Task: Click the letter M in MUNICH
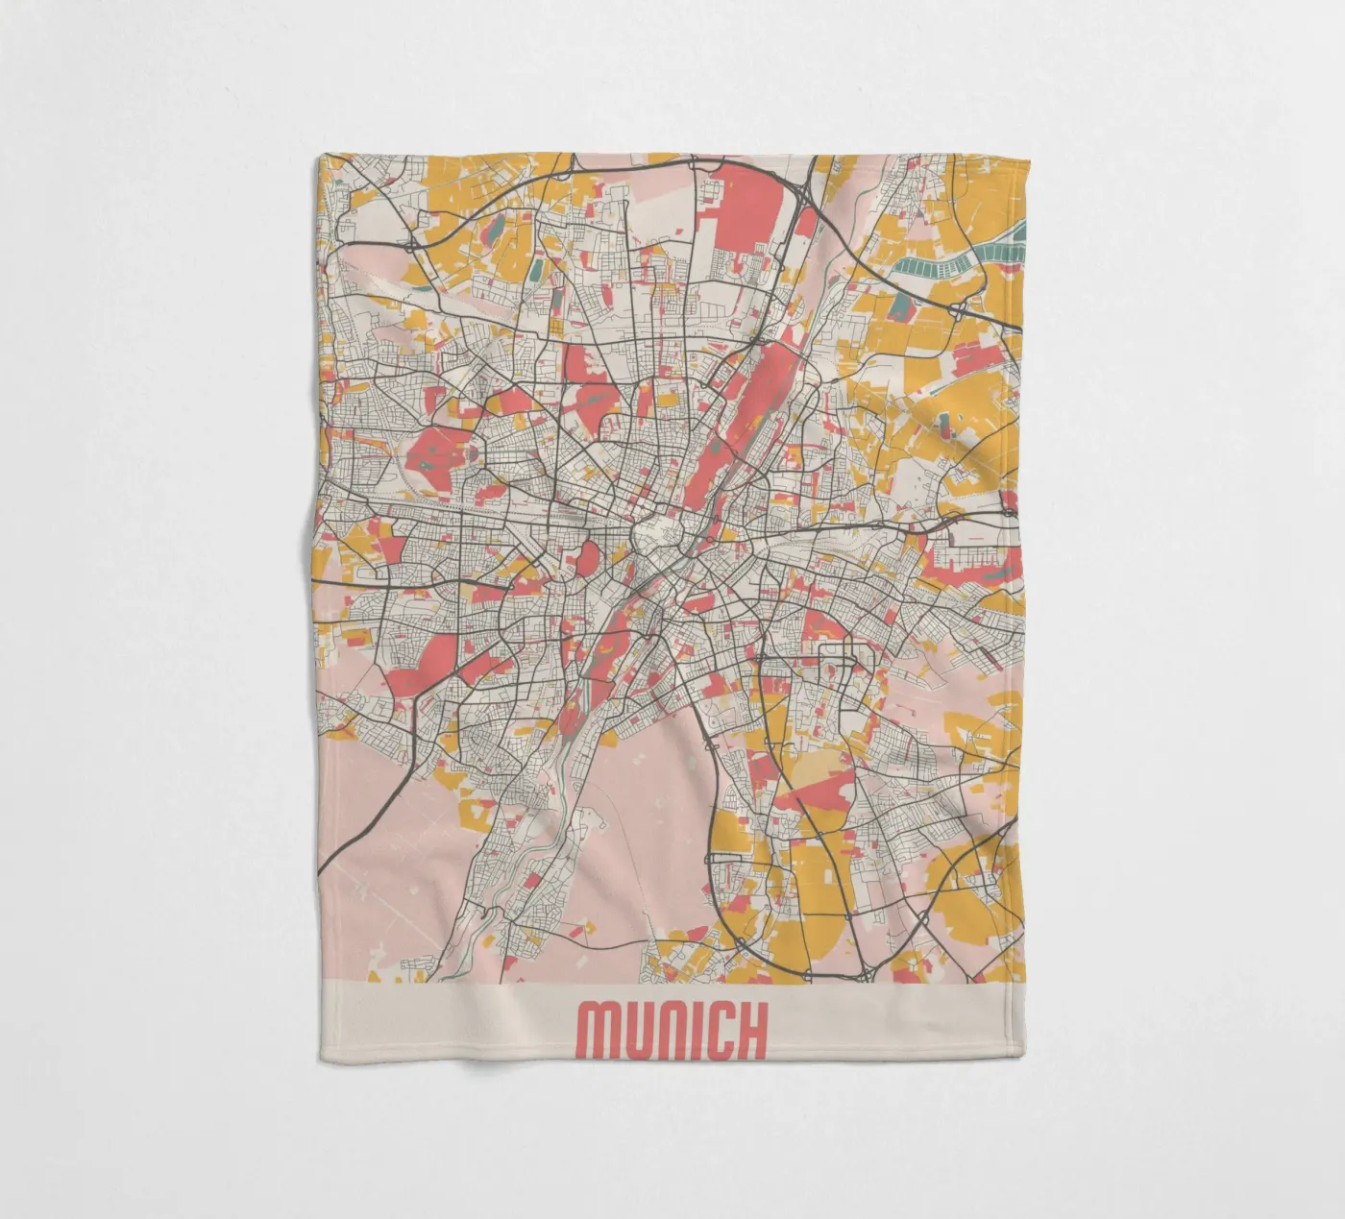[x=595, y=1031]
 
